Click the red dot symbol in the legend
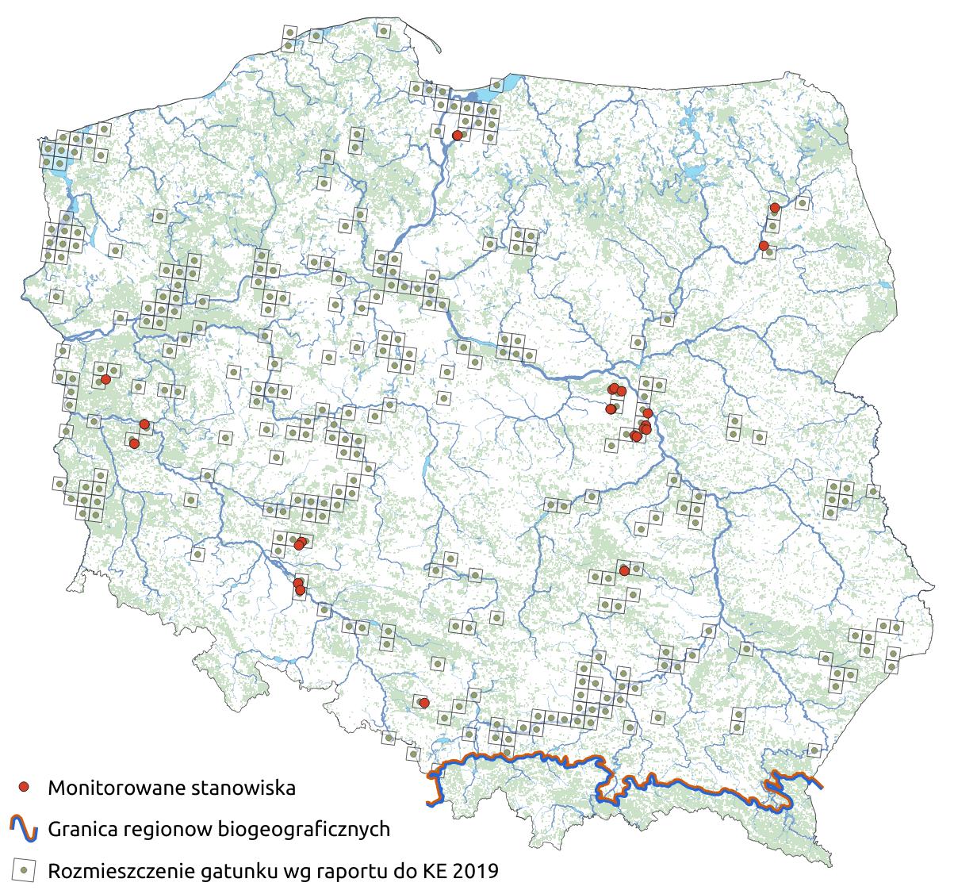tap(25, 787)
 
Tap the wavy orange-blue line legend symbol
tap(25, 829)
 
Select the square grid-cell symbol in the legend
tap(25, 870)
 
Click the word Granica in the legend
tap(83, 830)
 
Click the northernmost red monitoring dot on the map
tap(457, 136)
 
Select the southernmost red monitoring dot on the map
tap(424, 703)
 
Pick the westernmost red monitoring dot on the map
tap(105, 380)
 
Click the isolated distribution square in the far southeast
tap(814, 749)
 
